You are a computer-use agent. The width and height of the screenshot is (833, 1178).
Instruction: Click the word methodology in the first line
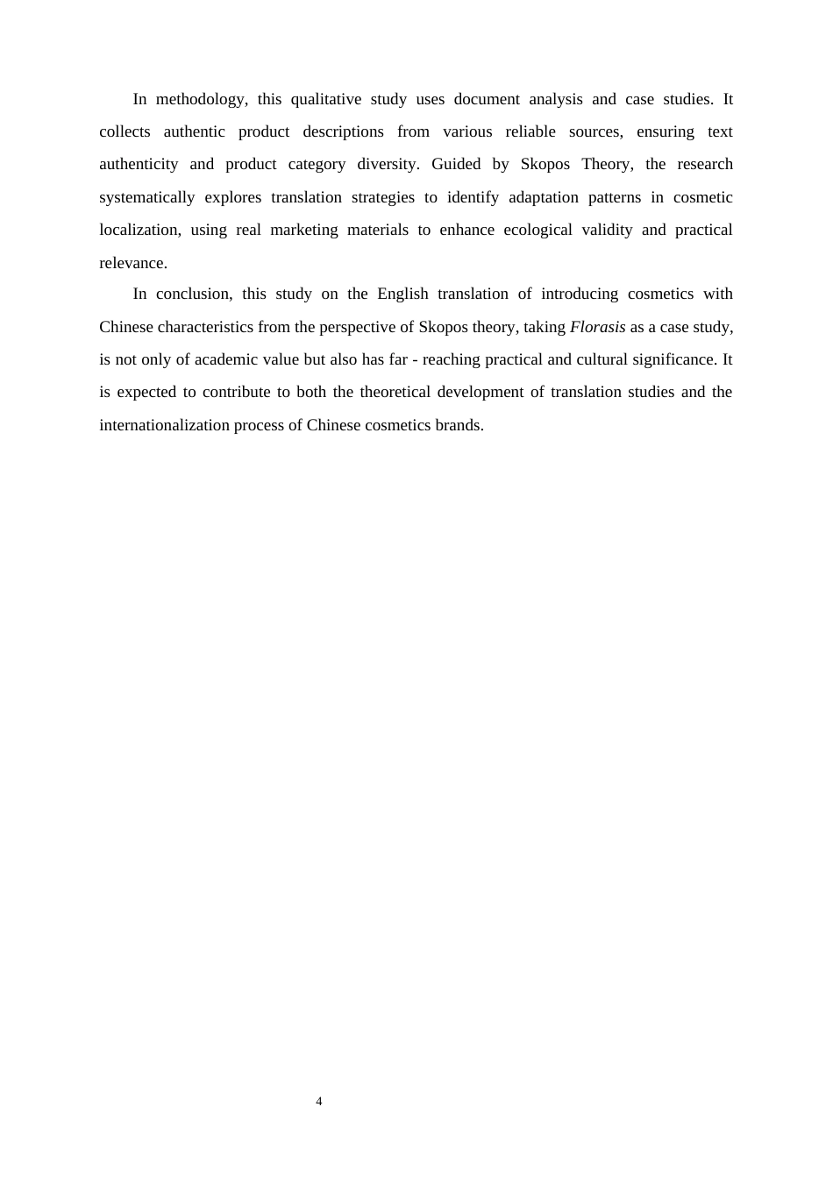(202, 99)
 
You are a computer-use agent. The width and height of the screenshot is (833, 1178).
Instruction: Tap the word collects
(125, 131)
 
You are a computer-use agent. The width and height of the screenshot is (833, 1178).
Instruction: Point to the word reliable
(530, 131)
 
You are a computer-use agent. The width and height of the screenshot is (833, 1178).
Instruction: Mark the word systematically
(147, 197)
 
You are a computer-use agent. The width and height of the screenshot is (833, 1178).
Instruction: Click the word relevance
(132, 263)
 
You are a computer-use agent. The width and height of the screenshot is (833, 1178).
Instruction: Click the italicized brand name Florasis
(597, 327)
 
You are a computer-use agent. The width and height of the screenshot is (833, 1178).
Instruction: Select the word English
(402, 294)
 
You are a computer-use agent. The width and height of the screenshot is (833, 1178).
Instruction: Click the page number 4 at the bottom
(319, 1102)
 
